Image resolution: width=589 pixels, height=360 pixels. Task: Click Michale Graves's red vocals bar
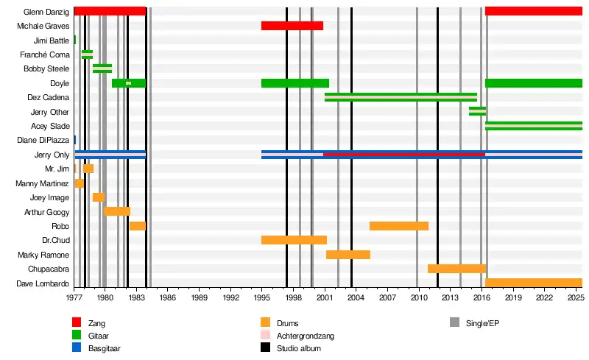292,26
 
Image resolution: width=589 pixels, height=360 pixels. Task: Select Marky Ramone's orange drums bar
348,255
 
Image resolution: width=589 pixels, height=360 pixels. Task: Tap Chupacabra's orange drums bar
456,269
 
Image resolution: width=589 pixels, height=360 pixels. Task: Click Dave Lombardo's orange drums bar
533,283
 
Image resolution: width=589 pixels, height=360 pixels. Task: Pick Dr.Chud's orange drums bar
294,240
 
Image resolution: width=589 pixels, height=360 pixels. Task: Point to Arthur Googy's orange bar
117,211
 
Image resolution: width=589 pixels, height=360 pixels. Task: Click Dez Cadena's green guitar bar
400,97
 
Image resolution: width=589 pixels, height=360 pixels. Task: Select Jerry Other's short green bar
477,111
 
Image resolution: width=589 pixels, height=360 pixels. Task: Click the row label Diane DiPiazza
43,140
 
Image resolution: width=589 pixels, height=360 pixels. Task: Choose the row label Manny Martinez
43,183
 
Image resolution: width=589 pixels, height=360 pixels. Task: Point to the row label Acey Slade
50,126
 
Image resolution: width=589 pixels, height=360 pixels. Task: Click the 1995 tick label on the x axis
261,297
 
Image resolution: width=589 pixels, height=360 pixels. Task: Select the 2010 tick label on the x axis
418,297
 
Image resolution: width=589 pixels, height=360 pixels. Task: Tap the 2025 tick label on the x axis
575,297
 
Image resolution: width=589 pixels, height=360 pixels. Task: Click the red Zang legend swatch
77,323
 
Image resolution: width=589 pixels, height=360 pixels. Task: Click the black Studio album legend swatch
265,348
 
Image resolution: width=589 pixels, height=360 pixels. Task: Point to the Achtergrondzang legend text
305,336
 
